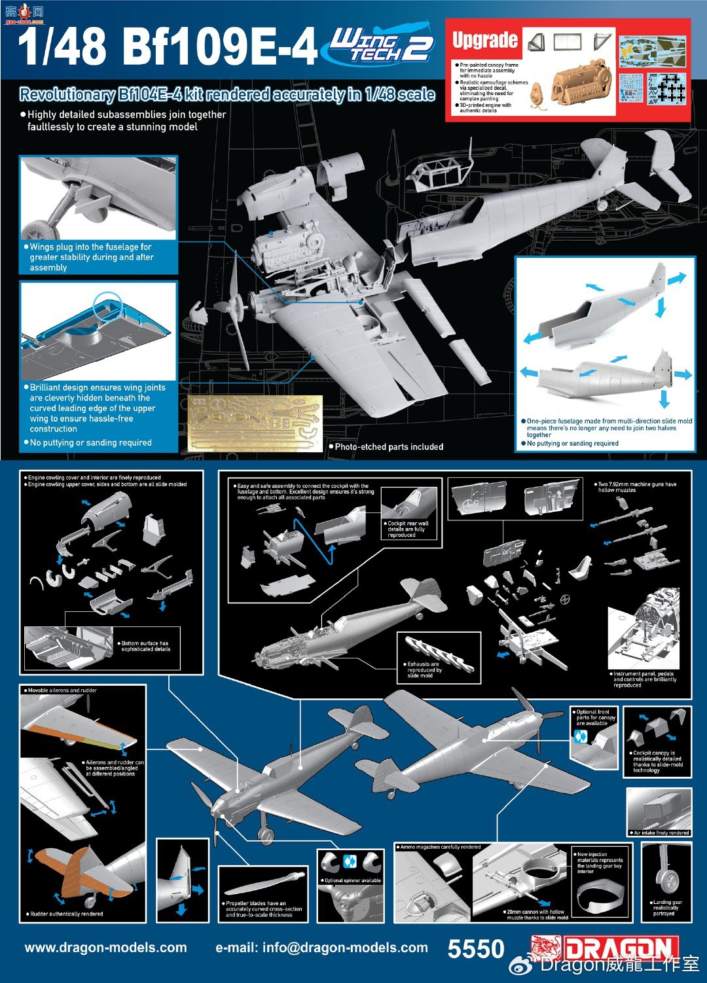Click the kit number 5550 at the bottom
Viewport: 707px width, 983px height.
pyautogui.click(x=476, y=949)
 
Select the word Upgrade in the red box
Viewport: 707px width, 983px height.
pyautogui.click(x=485, y=40)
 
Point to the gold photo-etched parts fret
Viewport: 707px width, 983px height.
pyautogui.click(x=255, y=423)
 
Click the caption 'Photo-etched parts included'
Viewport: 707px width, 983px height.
pyautogui.click(x=389, y=447)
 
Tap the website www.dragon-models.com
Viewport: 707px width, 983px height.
pyautogui.click(x=105, y=948)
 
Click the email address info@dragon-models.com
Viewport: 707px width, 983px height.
pyautogui.click(x=321, y=948)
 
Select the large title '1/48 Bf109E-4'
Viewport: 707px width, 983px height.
pyautogui.click(x=168, y=47)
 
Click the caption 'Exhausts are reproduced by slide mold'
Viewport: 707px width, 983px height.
pyautogui.click(x=424, y=670)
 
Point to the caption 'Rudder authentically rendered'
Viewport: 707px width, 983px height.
pyautogui.click(x=66, y=914)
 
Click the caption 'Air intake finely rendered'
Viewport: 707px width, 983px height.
pyautogui.click(x=661, y=832)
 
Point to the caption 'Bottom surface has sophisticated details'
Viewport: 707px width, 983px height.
pyautogui.click(x=145, y=646)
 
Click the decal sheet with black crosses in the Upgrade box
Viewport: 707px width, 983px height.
pyautogui.click(x=668, y=88)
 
